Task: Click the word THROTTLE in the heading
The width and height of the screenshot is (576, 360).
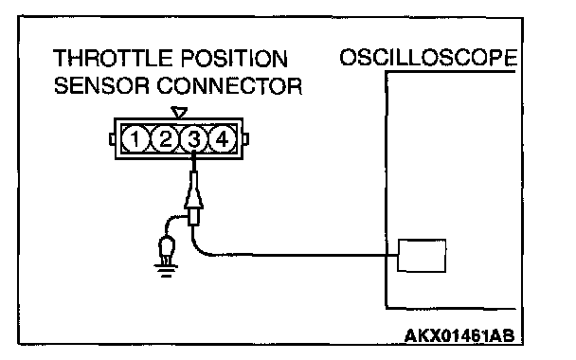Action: click(114, 59)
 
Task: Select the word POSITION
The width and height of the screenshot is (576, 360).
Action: click(234, 59)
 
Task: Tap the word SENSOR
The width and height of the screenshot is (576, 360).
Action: click(101, 86)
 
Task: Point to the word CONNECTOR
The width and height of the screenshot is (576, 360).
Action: click(229, 86)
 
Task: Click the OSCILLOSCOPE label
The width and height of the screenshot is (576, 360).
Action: click(428, 58)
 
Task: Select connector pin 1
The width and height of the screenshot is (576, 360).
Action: click(135, 139)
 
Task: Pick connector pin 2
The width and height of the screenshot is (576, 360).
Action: click(165, 139)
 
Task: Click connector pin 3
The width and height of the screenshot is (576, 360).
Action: click(194, 139)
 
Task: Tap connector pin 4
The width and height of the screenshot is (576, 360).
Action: click(223, 139)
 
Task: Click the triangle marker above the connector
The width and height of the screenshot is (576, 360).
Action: click(179, 112)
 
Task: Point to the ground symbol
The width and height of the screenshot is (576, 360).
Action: click(166, 270)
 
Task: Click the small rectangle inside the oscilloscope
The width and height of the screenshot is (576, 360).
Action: click(422, 256)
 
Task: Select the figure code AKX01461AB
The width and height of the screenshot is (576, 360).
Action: click(459, 335)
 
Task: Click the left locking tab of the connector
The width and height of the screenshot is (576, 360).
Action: click(113, 139)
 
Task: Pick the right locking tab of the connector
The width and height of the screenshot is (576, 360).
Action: click(245, 139)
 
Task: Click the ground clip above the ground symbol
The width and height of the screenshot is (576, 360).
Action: click(167, 250)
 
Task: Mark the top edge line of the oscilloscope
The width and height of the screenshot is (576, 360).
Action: click(450, 72)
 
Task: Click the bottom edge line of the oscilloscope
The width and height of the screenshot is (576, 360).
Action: click(451, 308)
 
